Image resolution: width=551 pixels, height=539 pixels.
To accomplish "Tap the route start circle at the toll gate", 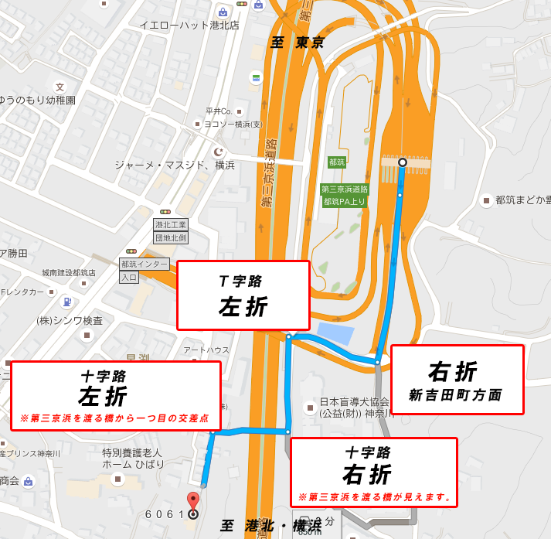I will point(402,162).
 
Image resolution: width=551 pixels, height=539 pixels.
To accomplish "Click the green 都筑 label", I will point(336,162).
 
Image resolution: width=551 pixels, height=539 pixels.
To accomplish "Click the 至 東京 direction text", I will point(297,43).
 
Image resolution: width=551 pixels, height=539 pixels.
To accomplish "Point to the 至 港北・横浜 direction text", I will point(270,526).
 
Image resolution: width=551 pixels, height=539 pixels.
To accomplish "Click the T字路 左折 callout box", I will point(243,295).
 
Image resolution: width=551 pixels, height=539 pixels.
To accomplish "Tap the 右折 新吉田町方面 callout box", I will point(457,380).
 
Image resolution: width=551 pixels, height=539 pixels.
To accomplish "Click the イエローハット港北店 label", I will point(189,25).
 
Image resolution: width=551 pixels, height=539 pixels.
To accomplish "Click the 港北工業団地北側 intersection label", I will point(172,230).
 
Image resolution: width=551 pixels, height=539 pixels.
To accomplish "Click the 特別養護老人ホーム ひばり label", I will point(133,458).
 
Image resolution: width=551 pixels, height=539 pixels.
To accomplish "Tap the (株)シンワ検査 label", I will point(70,320).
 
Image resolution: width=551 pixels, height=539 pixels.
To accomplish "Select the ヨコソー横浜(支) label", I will point(233,124).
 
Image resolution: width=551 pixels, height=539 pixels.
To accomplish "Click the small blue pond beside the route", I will point(335,334).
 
